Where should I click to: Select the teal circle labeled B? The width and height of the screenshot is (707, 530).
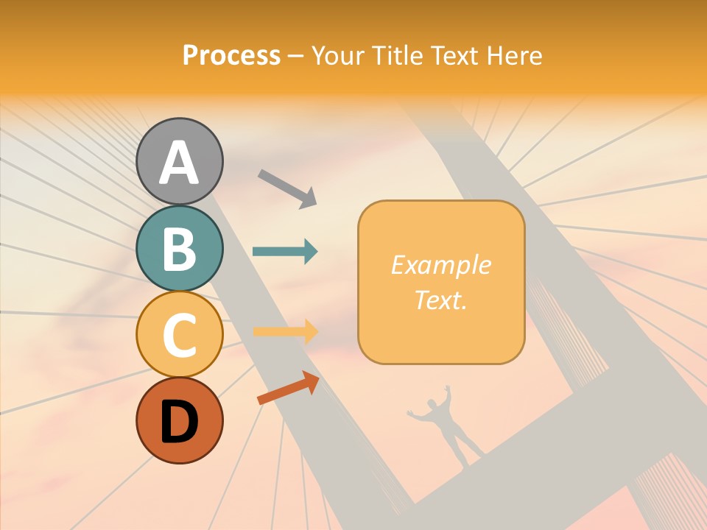[x=180, y=248]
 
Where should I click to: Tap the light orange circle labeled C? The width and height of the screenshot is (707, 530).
[x=180, y=334]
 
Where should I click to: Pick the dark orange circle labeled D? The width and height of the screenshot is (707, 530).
[x=180, y=420]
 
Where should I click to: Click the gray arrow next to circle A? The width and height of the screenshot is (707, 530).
[x=287, y=188]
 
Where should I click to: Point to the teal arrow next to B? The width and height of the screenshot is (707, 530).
[x=285, y=252]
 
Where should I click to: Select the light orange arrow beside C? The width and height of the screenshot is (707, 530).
[x=285, y=332]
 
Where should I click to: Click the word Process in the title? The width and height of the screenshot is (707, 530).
[x=231, y=55]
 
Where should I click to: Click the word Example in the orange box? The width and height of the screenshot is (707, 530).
[x=441, y=265]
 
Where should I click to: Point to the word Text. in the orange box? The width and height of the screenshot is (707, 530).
[x=441, y=300]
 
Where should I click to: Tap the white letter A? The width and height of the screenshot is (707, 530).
[x=180, y=163]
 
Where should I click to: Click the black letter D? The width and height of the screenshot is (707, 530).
[x=180, y=422]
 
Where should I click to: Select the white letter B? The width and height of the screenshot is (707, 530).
[x=180, y=249]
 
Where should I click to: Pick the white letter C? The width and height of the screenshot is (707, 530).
[x=180, y=335]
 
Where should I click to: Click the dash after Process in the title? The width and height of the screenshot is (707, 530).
[x=296, y=56]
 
